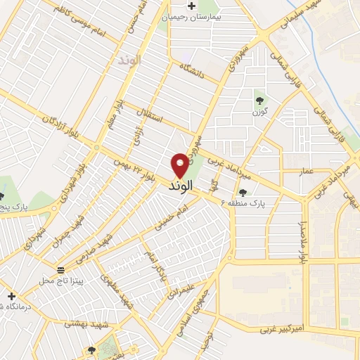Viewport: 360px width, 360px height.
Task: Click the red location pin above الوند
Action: (180, 165)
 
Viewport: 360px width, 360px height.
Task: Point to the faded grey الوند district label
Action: (130, 60)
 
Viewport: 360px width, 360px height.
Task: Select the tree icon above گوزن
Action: (259, 99)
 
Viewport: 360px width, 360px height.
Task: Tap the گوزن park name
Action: (259, 111)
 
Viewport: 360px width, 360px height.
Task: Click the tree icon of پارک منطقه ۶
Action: (243, 191)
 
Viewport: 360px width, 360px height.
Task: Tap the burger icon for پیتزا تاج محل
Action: (60, 270)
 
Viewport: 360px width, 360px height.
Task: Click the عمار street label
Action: (306, 171)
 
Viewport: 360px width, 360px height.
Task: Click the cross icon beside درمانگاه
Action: (11, 296)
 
